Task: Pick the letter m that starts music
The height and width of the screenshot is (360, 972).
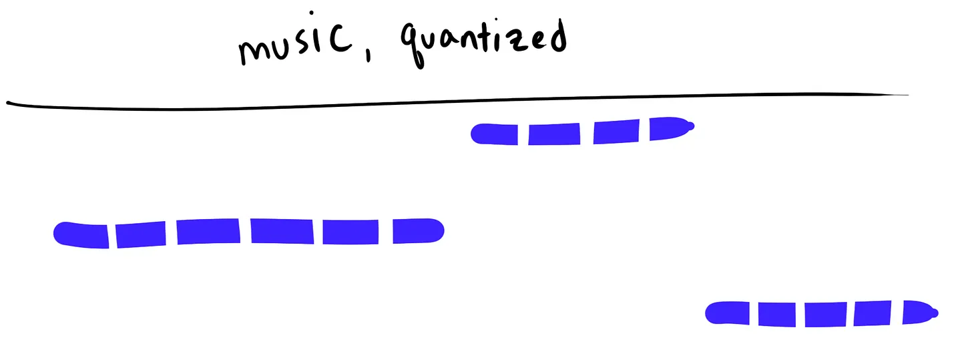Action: pos(256,51)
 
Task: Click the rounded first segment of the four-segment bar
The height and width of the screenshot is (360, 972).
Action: pos(494,134)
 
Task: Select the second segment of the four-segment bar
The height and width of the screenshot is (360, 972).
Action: pos(554,134)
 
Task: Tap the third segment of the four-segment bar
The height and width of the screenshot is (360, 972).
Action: pos(616,132)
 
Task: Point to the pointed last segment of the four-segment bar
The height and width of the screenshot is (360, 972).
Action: pos(670,128)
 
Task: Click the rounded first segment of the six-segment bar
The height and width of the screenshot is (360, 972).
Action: pos(81,235)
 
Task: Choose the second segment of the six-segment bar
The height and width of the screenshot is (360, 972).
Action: pos(141,234)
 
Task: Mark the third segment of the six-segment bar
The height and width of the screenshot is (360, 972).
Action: pos(208,232)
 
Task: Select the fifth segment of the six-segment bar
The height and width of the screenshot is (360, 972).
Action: pos(350,232)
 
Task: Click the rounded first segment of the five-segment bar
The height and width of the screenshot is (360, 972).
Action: pos(728,313)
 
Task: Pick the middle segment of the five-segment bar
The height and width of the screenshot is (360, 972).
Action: pos(826,315)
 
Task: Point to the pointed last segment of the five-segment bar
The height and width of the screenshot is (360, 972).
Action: pos(920,312)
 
